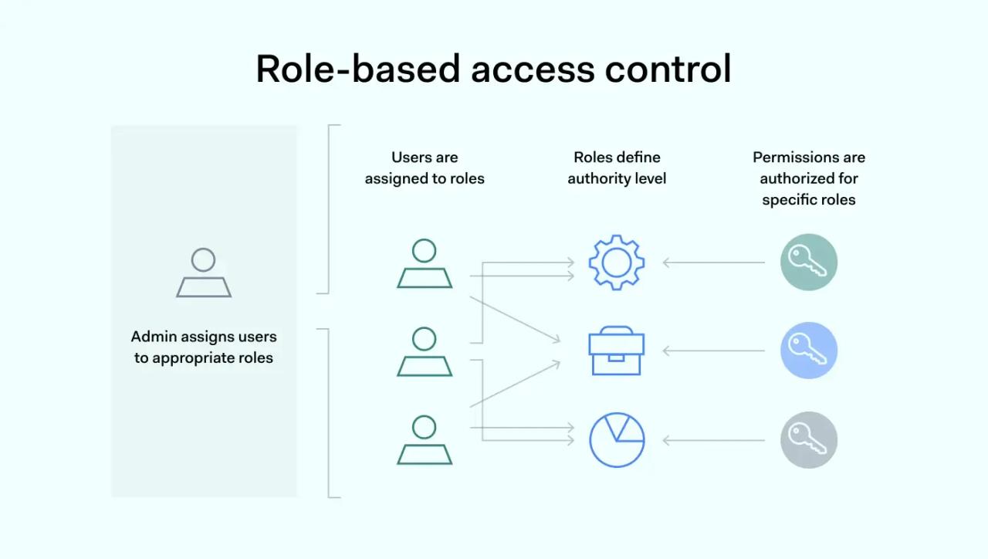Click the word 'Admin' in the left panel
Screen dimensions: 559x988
point(153,337)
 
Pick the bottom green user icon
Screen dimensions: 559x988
point(425,440)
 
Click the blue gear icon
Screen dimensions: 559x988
point(617,263)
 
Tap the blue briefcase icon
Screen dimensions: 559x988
point(617,351)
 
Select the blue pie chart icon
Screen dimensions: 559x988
point(617,440)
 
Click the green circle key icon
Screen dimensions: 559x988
point(809,263)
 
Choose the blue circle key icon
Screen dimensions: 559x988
point(809,351)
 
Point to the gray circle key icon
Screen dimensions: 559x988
point(809,440)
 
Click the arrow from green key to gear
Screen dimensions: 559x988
point(714,263)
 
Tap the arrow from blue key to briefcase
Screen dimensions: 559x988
point(714,351)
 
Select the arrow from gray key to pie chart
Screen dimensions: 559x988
point(714,441)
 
